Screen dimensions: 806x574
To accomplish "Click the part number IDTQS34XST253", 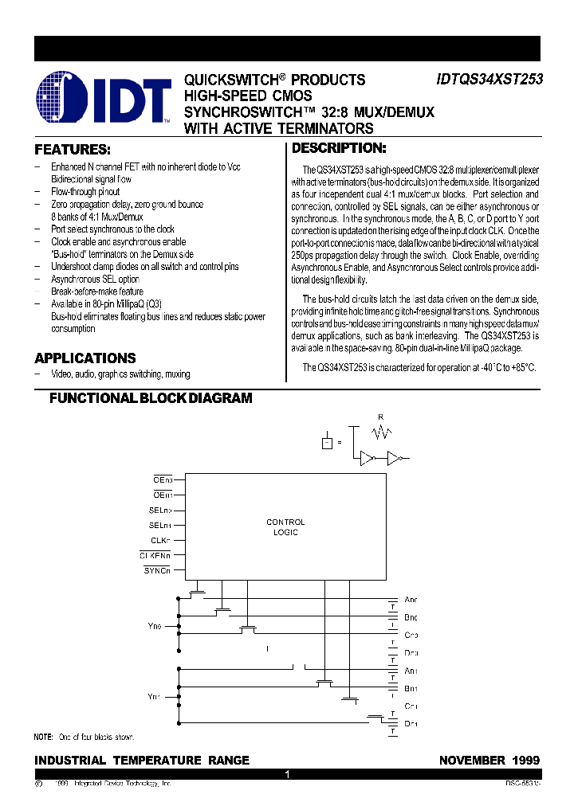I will pos(488,80).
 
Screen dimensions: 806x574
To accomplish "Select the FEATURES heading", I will pos(73,150).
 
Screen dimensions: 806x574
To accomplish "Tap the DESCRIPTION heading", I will pos(339,148).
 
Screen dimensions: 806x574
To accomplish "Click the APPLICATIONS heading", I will pos(85,358).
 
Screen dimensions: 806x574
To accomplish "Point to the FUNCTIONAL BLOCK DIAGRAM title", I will pos(151,398).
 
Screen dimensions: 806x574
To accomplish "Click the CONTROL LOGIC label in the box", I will pos(285,527).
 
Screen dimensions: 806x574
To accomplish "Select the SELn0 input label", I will pos(159,510).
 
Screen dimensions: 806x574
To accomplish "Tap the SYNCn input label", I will pos(157,570).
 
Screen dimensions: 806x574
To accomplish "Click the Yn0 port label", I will pos(154,627).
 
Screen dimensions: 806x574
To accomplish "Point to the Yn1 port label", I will pos(154,697).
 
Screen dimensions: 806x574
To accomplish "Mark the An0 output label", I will pos(411,600).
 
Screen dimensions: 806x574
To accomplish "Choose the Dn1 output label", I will pos(411,723).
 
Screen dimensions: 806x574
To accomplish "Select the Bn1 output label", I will pos(411,688).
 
